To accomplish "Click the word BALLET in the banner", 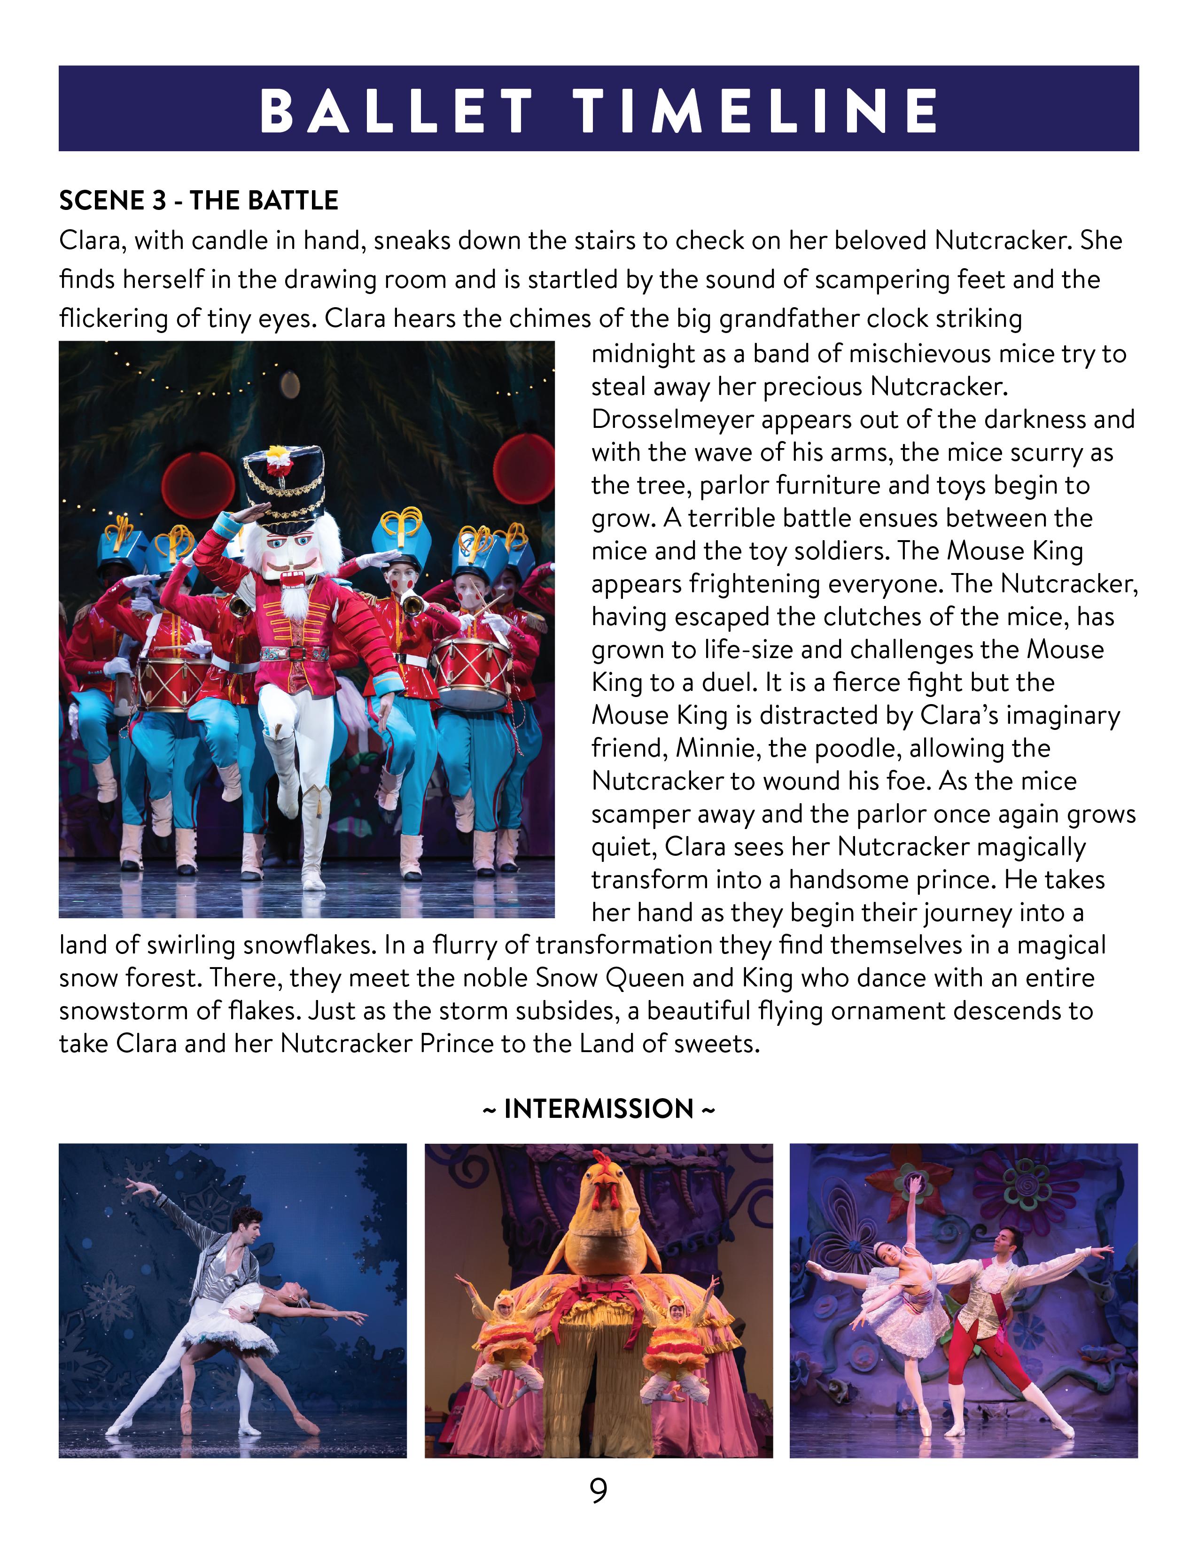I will [395, 111].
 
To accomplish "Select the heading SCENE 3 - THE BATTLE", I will [199, 201].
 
